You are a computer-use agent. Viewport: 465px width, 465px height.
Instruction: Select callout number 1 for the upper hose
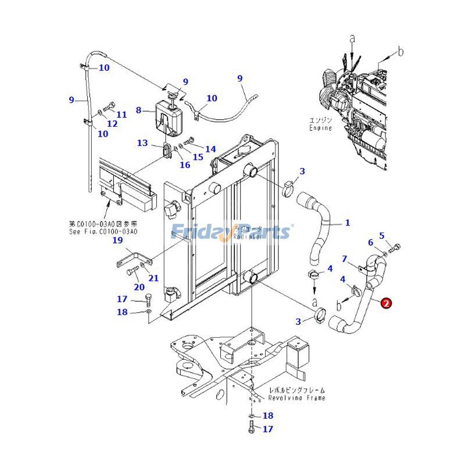click(x=348, y=223)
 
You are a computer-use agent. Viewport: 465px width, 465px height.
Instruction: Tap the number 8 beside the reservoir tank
click(x=138, y=110)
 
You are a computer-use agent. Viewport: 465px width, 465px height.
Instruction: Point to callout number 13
click(x=142, y=143)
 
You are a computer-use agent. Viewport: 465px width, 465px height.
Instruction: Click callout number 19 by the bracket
click(x=117, y=240)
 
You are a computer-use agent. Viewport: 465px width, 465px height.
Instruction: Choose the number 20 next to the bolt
click(x=139, y=287)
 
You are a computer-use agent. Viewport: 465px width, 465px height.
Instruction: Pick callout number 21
click(x=153, y=278)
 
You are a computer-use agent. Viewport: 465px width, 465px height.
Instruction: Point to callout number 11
click(x=121, y=115)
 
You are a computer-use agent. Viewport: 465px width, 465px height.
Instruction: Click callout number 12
click(x=112, y=124)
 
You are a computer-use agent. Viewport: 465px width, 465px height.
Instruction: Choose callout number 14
click(x=210, y=149)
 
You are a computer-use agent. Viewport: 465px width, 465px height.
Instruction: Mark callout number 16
click(x=185, y=165)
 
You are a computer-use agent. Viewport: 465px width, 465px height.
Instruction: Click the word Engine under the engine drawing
click(x=320, y=127)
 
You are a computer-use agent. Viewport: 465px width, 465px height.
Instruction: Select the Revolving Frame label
click(x=296, y=398)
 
